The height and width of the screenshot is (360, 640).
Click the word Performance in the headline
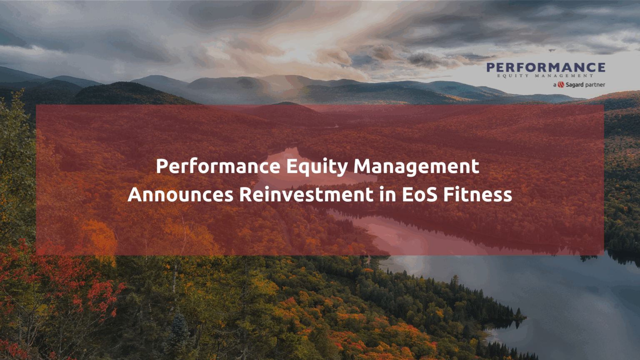[x=218, y=166]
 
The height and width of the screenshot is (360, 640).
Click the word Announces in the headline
[x=180, y=195]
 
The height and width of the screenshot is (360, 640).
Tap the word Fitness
[x=477, y=195]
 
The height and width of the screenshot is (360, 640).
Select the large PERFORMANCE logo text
[x=546, y=67]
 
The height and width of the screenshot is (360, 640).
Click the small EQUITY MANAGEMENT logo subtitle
[x=545, y=76]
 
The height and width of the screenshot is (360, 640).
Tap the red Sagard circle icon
[x=561, y=85]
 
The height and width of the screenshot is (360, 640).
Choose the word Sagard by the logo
[x=575, y=85]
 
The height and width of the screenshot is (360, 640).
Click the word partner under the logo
[x=595, y=85]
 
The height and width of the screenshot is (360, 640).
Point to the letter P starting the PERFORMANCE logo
[x=491, y=67]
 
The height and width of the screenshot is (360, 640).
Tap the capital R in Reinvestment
[x=245, y=195]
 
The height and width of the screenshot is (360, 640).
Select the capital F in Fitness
[x=448, y=195]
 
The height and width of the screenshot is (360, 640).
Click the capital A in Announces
[x=135, y=195]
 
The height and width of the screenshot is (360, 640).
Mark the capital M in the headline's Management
[x=362, y=166]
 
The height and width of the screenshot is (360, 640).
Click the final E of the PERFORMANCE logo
[x=600, y=67]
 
